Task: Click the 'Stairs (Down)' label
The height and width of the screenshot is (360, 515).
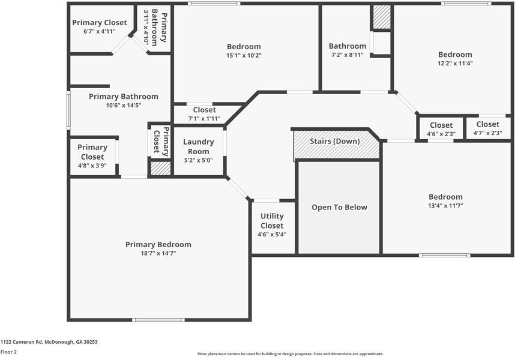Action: tap(334, 142)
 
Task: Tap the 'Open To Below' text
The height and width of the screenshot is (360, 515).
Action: tap(339, 208)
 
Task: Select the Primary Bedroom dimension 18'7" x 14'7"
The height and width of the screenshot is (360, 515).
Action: tap(158, 254)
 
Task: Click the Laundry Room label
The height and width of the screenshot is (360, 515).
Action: tap(198, 146)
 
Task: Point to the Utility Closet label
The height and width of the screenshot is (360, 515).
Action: tap(272, 221)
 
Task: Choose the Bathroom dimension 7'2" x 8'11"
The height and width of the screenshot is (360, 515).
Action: tap(347, 56)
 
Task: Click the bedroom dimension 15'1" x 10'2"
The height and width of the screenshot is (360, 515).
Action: tap(244, 55)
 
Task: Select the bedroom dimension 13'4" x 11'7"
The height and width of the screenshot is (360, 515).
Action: tap(445, 206)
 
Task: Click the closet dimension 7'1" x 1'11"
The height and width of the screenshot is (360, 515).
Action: tap(204, 118)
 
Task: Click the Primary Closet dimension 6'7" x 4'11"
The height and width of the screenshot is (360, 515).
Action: tap(99, 31)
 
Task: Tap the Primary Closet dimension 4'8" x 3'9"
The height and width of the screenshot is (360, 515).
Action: tap(92, 166)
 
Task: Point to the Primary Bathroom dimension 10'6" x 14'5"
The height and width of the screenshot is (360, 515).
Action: tap(123, 106)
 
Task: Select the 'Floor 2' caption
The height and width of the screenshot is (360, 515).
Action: tap(8, 352)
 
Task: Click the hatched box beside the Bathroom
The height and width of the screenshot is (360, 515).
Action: tap(381, 17)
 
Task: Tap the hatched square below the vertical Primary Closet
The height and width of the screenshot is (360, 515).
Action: tap(160, 169)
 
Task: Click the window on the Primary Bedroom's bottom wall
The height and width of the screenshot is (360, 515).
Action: tap(158, 320)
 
